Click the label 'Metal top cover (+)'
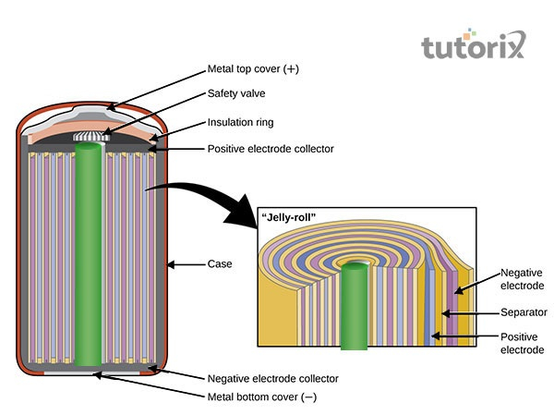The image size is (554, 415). tap(253, 69)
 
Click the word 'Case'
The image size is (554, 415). tap(220, 264)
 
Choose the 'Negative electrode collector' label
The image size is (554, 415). tap(272, 379)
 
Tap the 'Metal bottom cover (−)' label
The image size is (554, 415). tap(263, 397)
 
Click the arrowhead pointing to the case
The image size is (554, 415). tap(173, 264)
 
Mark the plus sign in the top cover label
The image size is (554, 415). tap(292, 69)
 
